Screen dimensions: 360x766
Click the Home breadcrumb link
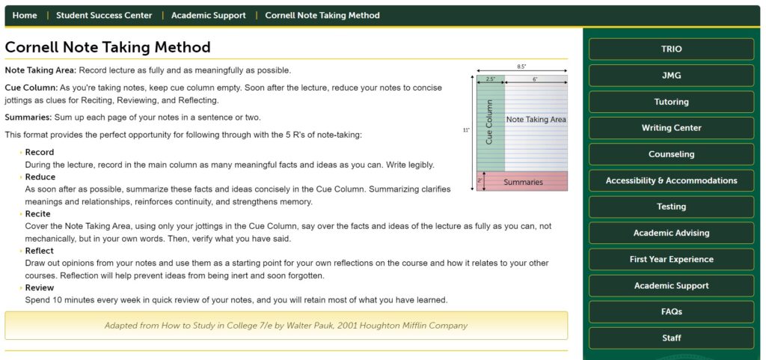(25, 15)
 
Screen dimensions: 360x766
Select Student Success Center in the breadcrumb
(104, 15)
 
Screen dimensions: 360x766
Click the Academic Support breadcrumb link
(208, 15)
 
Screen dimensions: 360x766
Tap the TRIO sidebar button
(671, 49)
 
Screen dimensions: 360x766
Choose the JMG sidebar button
(671, 76)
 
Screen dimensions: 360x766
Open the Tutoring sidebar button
(671, 102)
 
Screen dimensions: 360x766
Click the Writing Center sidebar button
(671, 128)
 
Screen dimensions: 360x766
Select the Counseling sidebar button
(671, 154)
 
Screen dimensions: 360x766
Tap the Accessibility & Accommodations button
(671, 180)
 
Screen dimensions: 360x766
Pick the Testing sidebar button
(671, 207)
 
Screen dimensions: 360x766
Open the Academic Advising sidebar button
(671, 233)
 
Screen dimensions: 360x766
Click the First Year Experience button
(671, 260)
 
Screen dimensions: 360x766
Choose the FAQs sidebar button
(671, 312)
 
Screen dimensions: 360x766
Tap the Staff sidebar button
(671, 338)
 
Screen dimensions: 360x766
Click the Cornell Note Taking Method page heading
(108, 47)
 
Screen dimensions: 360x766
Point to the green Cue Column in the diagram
(490, 123)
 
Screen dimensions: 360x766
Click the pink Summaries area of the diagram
(523, 182)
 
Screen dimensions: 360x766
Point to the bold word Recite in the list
(38, 214)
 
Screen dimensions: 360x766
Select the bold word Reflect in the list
(40, 251)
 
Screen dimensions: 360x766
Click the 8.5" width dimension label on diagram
(521, 67)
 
